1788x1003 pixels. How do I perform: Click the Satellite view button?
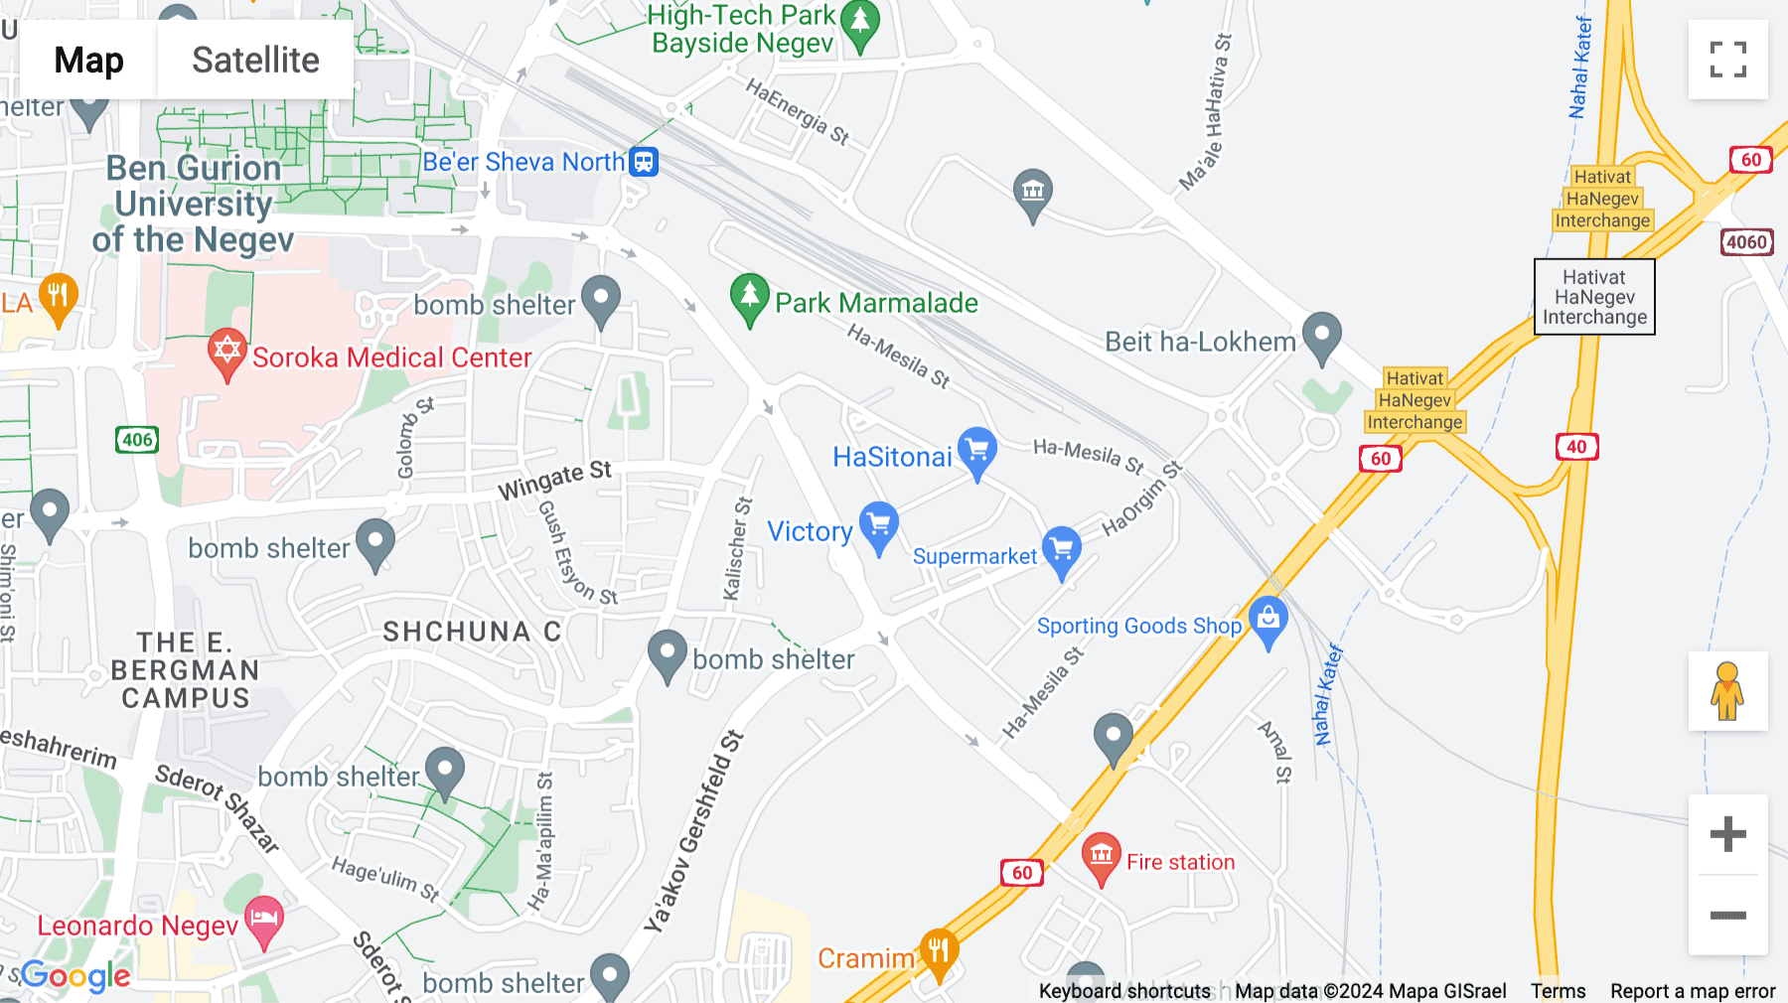(x=255, y=60)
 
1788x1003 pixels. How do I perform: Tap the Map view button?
(x=88, y=60)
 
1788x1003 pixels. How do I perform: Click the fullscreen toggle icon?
(x=1727, y=60)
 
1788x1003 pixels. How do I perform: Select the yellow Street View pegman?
(x=1727, y=691)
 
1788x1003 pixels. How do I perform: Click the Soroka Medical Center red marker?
(x=226, y=353)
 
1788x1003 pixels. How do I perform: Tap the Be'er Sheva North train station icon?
(x=644, y=161)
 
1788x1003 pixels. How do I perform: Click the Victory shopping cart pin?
(x=879, y=525)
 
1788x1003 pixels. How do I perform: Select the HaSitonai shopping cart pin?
(x=977, y=451)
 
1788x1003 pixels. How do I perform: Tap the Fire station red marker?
(x=1101, y=856)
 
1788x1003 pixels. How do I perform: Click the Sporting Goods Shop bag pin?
(x=1267, y=620)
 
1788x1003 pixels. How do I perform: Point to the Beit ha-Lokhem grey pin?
(x=1322, y=336)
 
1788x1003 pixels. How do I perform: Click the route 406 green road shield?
(x=137, y=440)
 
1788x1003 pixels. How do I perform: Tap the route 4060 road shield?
(x=1746, y=241)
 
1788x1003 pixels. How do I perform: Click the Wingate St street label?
(x=554, y=480)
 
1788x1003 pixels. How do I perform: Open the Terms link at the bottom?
(x=1558, y=991)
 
